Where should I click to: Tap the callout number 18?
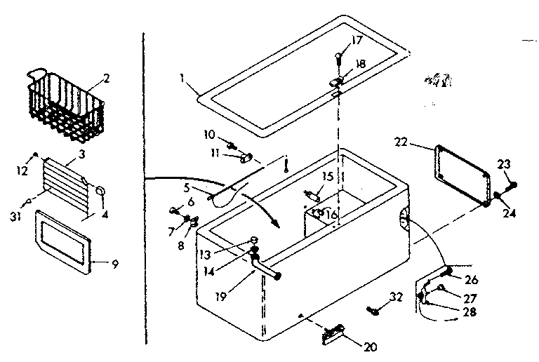[x=361, y=63]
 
